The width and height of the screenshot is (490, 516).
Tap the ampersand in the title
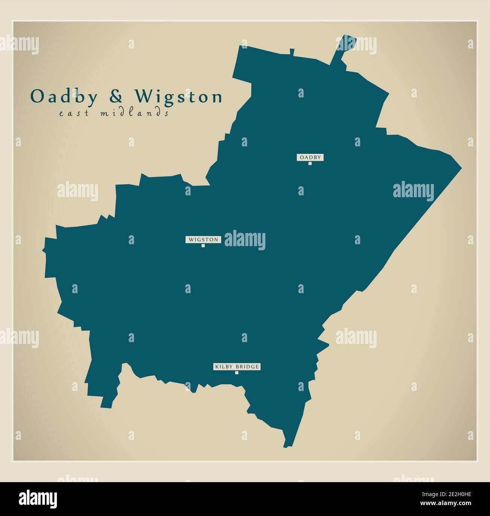click(116, 97)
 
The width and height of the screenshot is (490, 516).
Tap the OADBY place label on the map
click(310, 157)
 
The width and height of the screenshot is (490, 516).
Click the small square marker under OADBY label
click(310, 163)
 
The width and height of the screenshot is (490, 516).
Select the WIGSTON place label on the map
click(203, 239)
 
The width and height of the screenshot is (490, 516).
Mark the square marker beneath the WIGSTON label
click(203, 245)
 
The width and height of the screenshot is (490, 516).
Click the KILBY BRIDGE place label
click(237, 367)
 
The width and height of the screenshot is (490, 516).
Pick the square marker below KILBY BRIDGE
click(237, 373)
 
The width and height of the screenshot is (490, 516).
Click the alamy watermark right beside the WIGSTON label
click(245, 240)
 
